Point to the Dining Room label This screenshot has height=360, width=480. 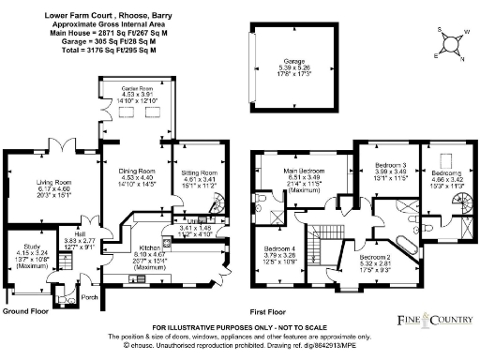pyautogui.click(x=136, y=172)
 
